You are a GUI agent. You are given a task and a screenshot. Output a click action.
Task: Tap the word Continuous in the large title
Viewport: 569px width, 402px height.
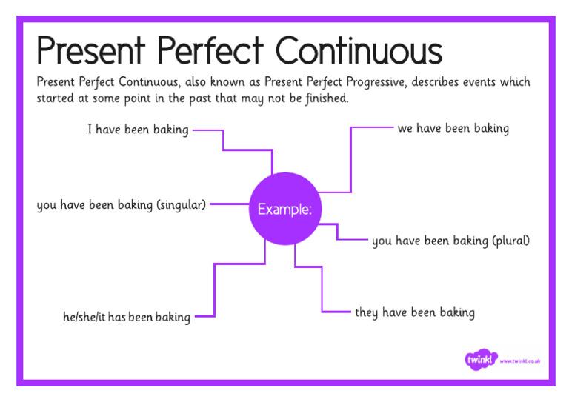[x=359, y=51]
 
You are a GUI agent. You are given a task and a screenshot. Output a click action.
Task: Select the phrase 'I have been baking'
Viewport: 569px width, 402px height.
[x=138, y=130]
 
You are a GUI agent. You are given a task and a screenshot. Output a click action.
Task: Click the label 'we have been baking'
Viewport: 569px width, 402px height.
[x=453, y=129]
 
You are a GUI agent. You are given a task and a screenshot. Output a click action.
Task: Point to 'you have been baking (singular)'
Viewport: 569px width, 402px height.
[x=122, y=205]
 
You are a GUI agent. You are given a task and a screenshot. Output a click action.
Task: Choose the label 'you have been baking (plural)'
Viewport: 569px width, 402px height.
[x=450, y=241]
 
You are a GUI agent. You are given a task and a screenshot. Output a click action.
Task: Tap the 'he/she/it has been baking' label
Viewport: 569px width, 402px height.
[x=127, y=318]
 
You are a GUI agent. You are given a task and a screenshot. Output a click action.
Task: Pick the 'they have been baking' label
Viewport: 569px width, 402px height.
[x=415, y=312]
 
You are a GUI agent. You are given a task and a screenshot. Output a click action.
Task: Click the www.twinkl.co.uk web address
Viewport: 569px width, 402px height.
[x=520, y=361]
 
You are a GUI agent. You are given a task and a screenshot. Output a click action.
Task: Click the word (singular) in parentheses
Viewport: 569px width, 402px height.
[x=181, y=205]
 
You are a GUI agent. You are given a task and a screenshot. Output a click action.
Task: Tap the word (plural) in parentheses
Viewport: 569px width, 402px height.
[x=511, y=241]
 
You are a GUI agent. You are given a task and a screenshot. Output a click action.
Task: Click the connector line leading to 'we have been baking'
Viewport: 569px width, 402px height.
[x=350, y=159]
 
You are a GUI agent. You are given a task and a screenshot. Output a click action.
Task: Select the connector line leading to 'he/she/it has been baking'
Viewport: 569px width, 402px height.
[x=215, y=289]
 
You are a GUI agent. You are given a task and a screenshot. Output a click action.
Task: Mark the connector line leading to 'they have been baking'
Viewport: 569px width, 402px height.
[x=322, y=289]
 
